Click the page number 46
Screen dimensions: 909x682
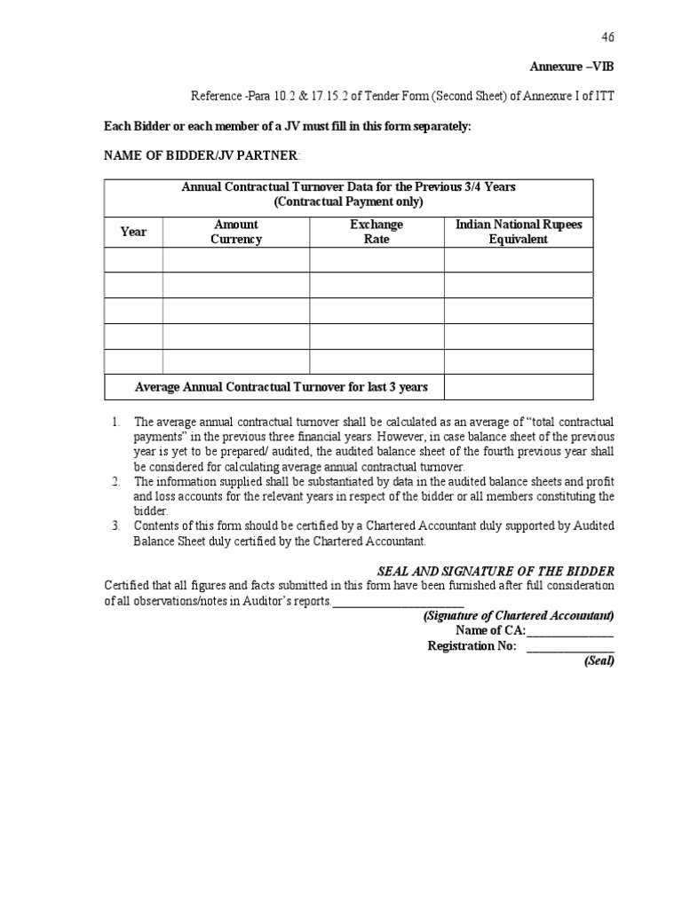[x=607, y=36]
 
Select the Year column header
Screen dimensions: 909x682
[x=133, y=232]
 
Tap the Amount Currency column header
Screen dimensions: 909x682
[x=236, y=232]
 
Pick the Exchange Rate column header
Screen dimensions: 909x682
[x=377, y=232]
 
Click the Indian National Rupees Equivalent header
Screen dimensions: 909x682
[x=519, y=232]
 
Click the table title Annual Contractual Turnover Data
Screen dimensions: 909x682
[x=349, y=186]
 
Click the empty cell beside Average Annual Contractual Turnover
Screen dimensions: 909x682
[x=518, y=387]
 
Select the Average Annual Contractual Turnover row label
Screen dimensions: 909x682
[x=281, y=387]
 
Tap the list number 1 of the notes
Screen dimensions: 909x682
[x=115, y=422]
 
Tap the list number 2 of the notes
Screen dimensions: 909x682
[x=115, y=481]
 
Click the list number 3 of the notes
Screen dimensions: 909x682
[x=115, y=526]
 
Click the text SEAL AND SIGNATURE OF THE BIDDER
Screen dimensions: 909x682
[x=490, y=570]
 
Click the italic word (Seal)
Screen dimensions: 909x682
[x=599, y=661]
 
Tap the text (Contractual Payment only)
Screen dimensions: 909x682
[x=349, y=202]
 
